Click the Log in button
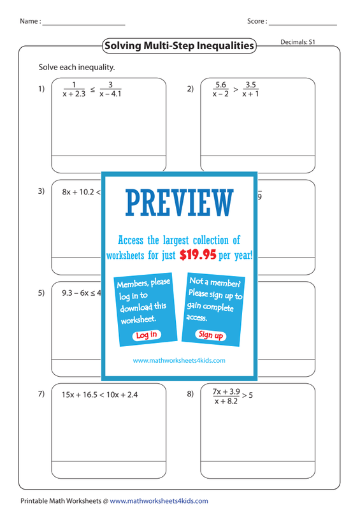coord(147,335)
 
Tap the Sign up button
coord(211,335)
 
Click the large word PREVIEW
coord(180,203)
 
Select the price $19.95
coord(198,255)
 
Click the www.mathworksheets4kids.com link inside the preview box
coord(179,360)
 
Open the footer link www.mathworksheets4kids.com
coord(159,501)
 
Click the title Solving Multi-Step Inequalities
coord(179,45)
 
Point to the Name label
coord(30,21)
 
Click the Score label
coord(257,21)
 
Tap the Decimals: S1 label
coord(298,42)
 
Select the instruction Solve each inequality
coord(76,68)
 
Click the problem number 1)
coord(41,89)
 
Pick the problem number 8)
coord(191,394)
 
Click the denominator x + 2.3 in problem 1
coord(74,94)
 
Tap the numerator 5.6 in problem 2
coord(220,85)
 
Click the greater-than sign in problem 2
coord(236,89)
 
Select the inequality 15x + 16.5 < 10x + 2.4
coord(100,395)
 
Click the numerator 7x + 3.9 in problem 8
coord(226,391)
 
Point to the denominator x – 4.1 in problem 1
coord(111,94)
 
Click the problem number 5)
coord(41,293)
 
